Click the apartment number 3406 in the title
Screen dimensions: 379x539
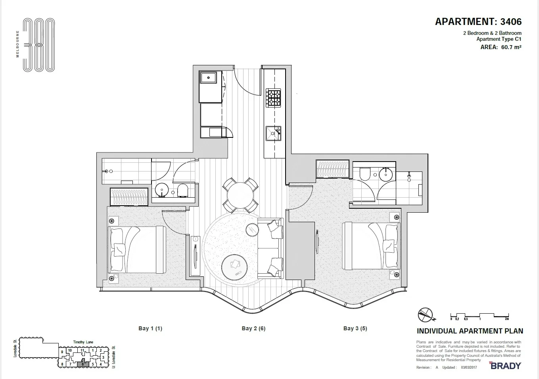(511, 22)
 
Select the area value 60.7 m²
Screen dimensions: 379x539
(511, 47)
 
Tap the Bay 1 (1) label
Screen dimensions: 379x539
(150, 328)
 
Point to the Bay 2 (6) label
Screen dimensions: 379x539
(253, 328)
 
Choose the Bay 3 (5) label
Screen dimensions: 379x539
(355, 328)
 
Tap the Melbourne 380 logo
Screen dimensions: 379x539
(38, 45)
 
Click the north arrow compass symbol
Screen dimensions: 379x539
(426, 315)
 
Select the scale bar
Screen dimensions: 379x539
(480, 316)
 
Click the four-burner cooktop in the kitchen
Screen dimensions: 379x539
(273, 97)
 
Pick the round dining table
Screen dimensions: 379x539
(240, 195)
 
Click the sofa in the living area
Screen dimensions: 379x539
(270, 248)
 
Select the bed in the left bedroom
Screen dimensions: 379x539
(137, 249)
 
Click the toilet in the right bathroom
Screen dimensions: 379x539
(364, 174)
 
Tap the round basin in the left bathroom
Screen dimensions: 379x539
(161, 190)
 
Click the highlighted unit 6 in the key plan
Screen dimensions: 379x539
(83, 364)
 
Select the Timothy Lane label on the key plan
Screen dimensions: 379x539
(83, 342)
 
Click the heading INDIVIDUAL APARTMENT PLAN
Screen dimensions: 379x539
(470, 331)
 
